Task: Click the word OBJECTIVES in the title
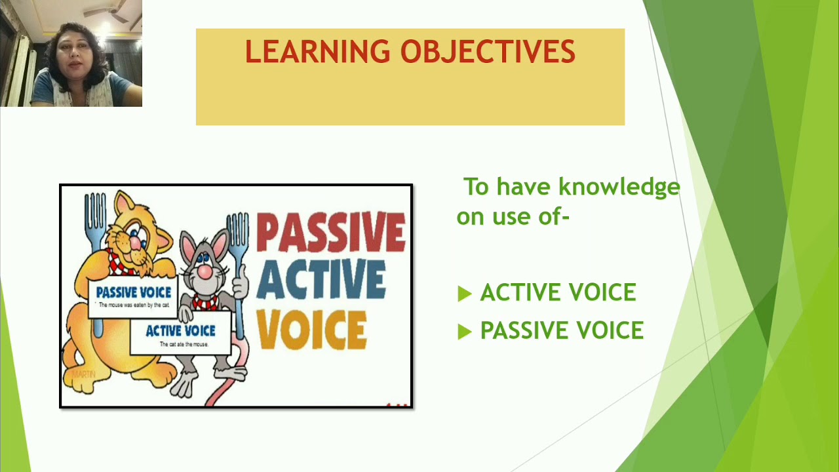click(488, 52)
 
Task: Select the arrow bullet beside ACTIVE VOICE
click(465, 294)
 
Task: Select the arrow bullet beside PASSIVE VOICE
click(465, 332)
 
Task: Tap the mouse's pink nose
click(205, 271)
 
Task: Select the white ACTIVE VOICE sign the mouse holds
click(180, 333)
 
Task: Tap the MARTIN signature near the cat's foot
click(83, 374)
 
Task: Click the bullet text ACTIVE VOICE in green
click(558, 293)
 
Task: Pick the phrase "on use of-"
click(513, 217)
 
